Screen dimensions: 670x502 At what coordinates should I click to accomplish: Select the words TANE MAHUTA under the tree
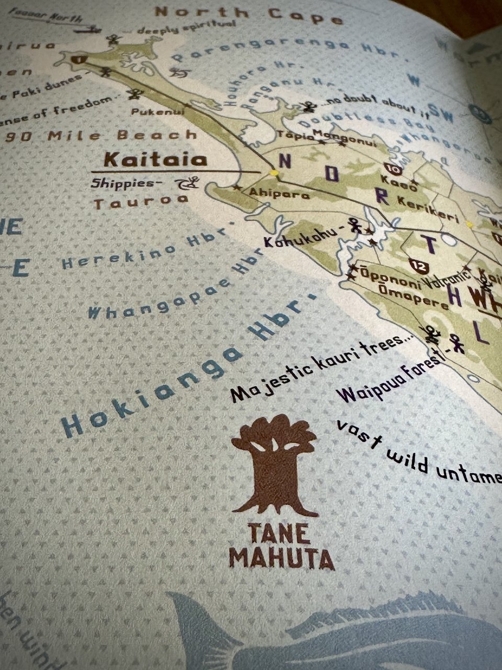click(281, 546)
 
